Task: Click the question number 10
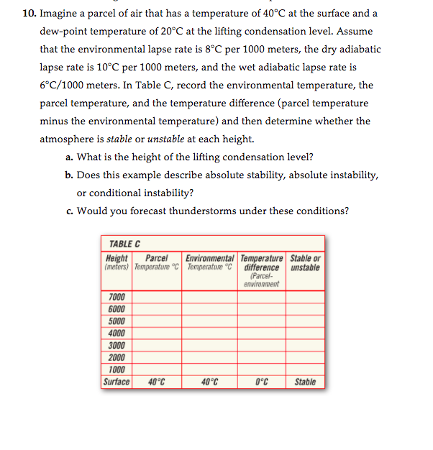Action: pyautogui.click(x=28, y=14)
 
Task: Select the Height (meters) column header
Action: pyautogui.click(x=117, y=263)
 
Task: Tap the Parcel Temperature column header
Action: pyautogui.click(x=155, y=263)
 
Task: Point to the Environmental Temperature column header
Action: pyautogui.click(x=209, y=263)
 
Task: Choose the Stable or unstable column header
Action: pyautogui.click(x=305, y=263)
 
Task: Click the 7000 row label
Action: pyautogui.click(x=117, y=297)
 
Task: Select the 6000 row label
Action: pyautogui.click(x=117, y=309)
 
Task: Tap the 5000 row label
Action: pyautogui.click(x=117, y=321)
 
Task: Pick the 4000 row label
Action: pyautogui.click(x=117, y=334)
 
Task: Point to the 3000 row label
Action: pyautogui.click(x=117, y=346)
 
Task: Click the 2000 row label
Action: pyautogui.click(x=117, y=358)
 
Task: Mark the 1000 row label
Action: pyautogui.click(x=117, y=370)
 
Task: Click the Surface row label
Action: pyautogui.click(x=117, y=382)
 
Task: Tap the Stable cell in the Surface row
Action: pyautogui.click(x=305, y=382)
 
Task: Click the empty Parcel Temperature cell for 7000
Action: pyautogui.click(x=156, y=297)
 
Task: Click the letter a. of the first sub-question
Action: pyautogui.click(x=69, y=157)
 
